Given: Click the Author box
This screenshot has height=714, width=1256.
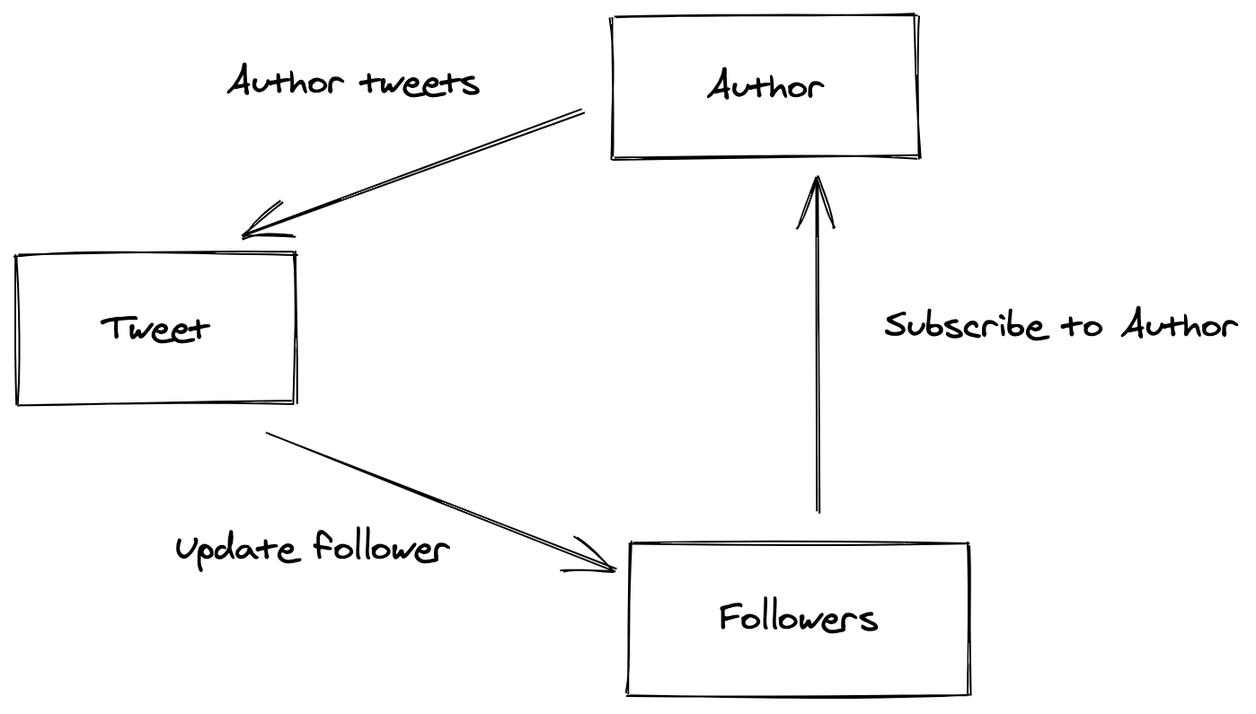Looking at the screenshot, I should click(x=765, y=87).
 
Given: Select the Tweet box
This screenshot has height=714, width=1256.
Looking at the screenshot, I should click(x=156, y=329).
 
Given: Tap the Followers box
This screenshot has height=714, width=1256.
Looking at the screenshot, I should click(x=799, y=619).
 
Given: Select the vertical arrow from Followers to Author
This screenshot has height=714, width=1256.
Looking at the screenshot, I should click(x=818, y=359).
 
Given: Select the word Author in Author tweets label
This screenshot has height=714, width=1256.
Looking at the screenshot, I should click(x=286, y=83).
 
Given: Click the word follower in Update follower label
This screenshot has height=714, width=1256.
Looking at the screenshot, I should click(x=382, y=547).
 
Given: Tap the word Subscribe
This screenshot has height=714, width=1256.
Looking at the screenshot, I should click(x=966, y=324).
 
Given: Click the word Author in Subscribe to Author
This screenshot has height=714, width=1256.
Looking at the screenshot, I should click(x=1178, y=324).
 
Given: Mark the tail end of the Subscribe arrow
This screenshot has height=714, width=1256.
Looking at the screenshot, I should click(x=818, y=510).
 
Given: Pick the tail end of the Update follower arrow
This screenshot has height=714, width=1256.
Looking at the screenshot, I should click(x=269, y=434).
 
